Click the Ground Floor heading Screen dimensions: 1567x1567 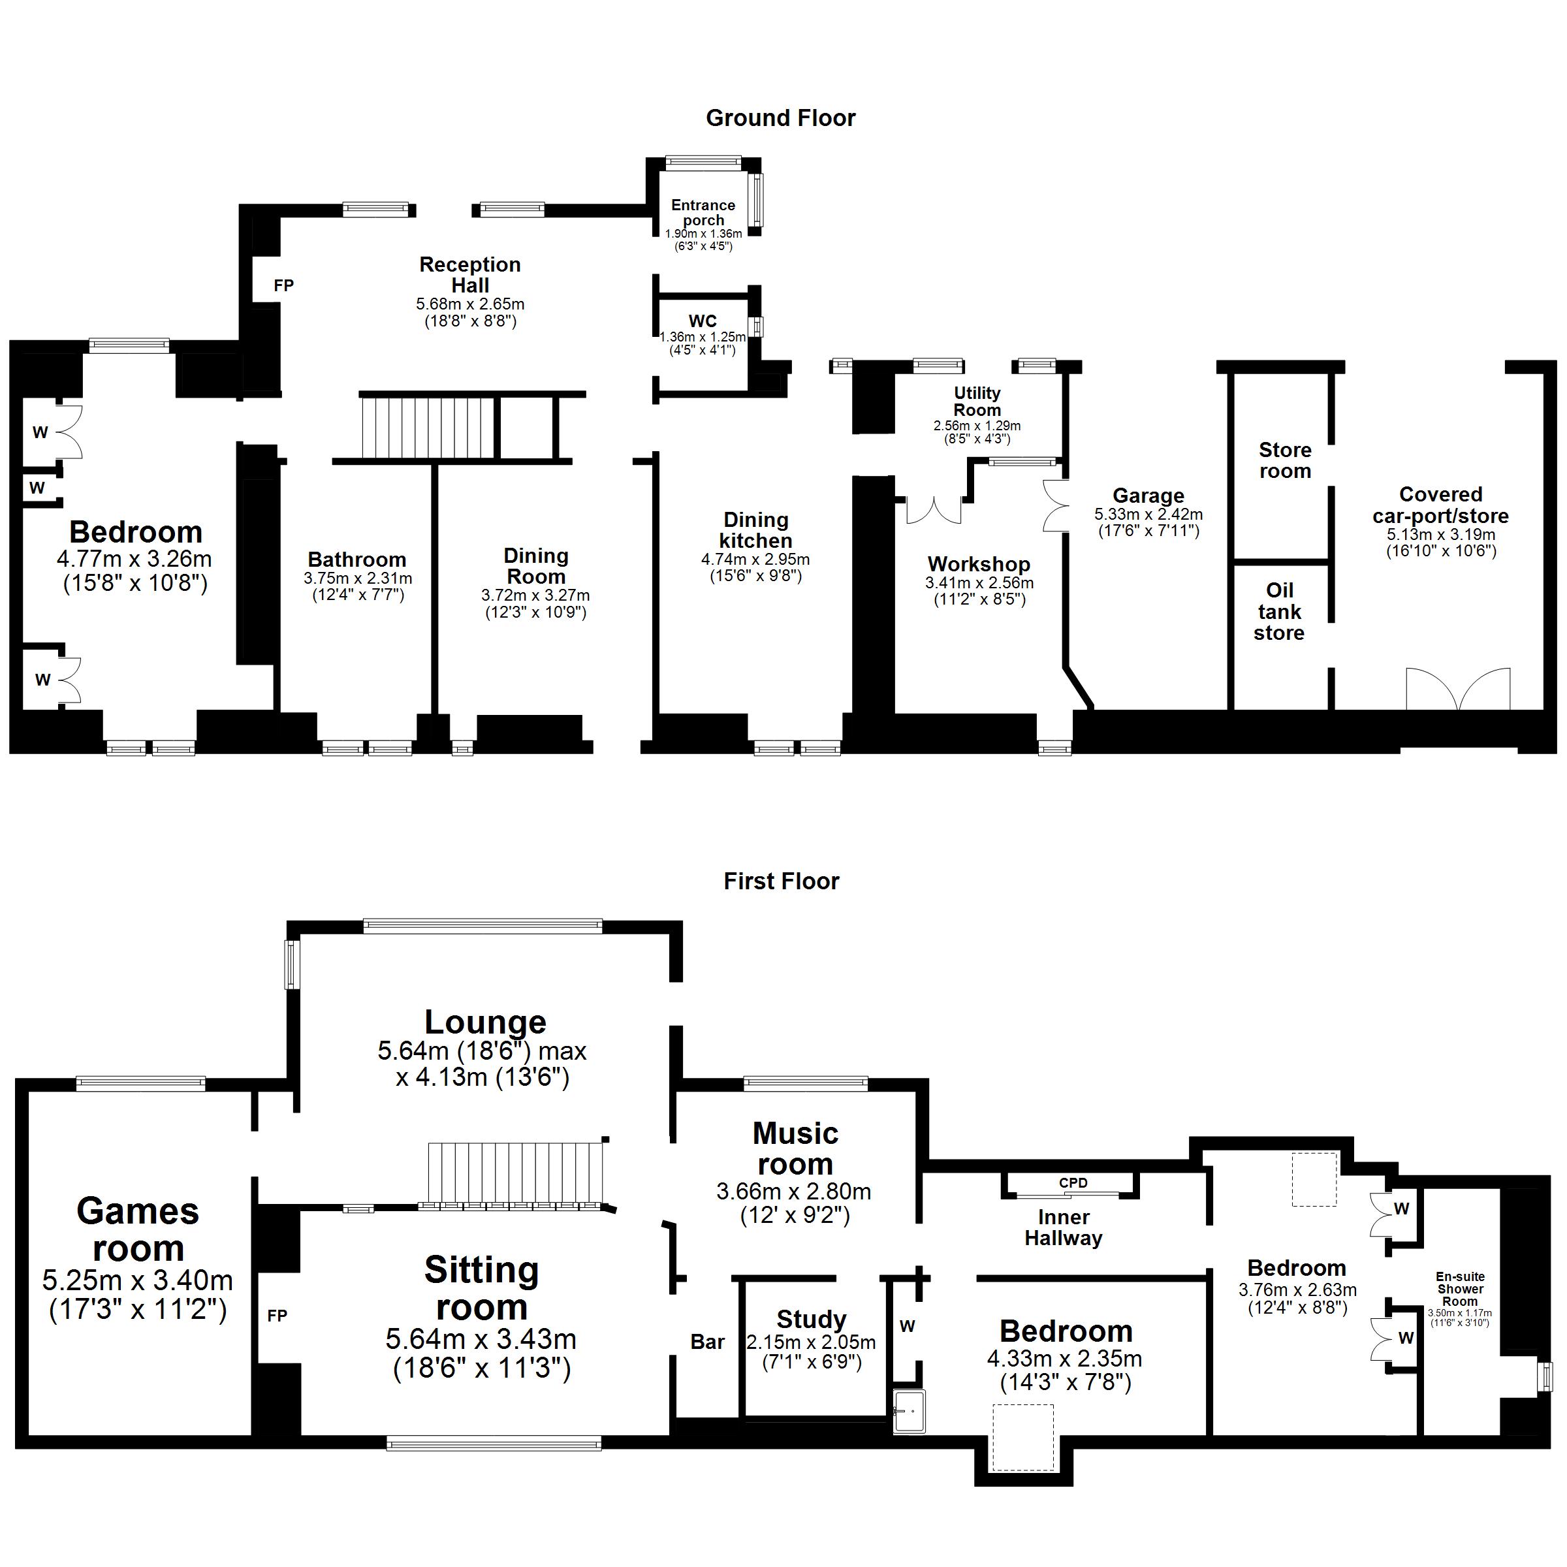point(780,118)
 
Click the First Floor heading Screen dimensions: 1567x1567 point(781,881)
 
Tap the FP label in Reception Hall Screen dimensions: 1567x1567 point(283,285)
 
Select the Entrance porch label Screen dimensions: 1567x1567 point(703,212)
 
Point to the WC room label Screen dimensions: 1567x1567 point(703,321)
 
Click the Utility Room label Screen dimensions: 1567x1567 point(977,402)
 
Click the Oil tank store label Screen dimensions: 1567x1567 point(1279,612)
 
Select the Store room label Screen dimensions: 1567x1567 point(1285,461)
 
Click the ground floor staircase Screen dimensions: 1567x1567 point(428,426)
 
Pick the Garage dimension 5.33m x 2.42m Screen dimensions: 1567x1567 point(1148,514)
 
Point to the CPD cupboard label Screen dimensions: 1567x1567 point(1072,1183)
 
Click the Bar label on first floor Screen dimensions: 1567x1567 point(707,1342)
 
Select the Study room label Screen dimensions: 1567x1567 point(811,1320)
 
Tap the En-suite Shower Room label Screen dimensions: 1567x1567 point(1460,1289)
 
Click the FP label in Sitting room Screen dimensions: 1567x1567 point(277,1316)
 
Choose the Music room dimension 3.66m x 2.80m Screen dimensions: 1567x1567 point(793,1192)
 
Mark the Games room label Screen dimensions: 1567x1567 point(138,1229)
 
